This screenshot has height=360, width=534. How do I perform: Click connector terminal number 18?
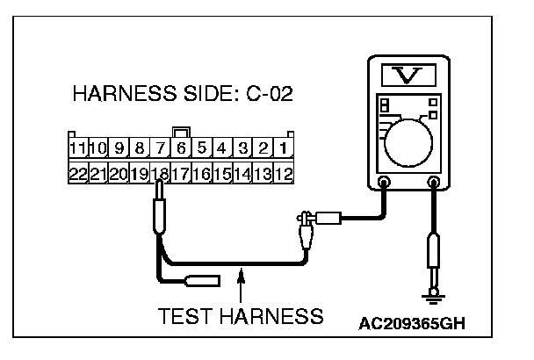159,174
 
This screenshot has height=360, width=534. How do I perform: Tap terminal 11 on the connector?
78,148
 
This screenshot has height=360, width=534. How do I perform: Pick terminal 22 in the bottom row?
78,174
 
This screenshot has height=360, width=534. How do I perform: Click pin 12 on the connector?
283,174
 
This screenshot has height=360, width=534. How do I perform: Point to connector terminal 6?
181,148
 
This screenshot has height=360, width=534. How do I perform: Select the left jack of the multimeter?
383,184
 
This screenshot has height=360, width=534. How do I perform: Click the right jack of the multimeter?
433,184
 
